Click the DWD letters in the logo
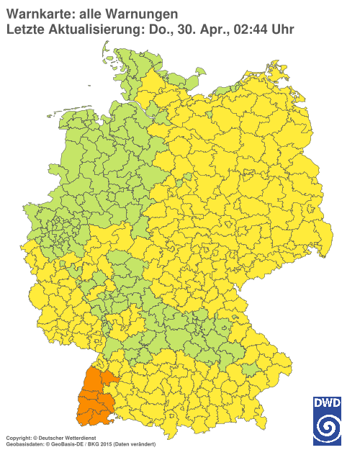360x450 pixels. tap(326, 404)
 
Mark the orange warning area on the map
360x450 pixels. tap(93, 400)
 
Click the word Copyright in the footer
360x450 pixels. tap(17, 437)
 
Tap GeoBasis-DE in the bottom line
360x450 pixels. tap(66, 444)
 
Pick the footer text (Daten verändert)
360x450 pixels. tap(126, 444)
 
